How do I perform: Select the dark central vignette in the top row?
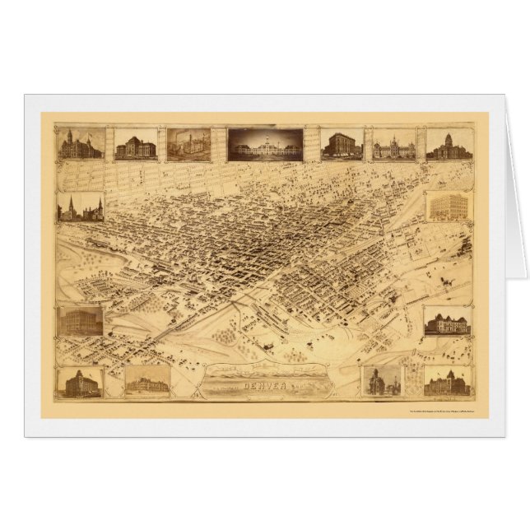(265, 144)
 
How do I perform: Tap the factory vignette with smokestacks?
(188, 144)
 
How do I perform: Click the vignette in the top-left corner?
(81, 144)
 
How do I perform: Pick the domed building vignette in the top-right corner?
(449, 144)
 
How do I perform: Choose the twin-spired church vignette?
(81, 207)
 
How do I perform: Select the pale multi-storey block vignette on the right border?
(448, 207)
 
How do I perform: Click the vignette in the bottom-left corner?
(81, 383)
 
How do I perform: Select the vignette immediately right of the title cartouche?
(382, 381)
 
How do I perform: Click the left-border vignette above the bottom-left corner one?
(81, 321)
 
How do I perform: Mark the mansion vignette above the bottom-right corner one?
(448, 321)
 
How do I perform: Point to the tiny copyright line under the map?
(453, 412)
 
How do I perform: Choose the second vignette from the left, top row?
(136, 145)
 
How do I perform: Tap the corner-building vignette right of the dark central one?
(342, 144)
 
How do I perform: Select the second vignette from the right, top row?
(394, 145)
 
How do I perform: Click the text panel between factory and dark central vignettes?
(219, 143)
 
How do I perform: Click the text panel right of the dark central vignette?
(312, 143)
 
